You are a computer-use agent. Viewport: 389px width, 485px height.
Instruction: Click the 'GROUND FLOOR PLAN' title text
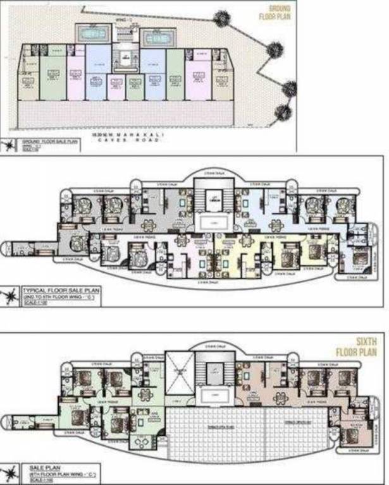tap(274, 13)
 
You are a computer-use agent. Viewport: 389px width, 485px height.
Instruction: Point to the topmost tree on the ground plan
tap(222, 18)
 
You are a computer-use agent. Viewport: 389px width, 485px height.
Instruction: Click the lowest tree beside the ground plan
tap(283, 113)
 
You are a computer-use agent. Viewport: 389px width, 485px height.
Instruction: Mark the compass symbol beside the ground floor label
tap(9, 146)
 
